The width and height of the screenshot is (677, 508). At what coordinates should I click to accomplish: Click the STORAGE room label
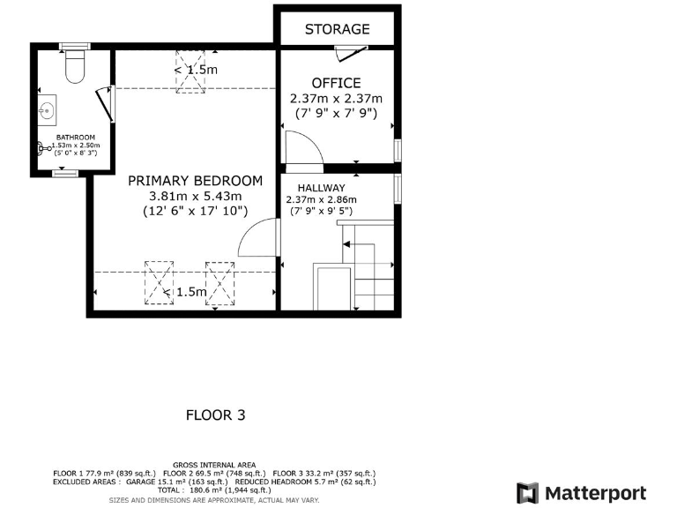[x=337, y=29]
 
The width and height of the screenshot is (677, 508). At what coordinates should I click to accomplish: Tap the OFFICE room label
[x=337, y=83]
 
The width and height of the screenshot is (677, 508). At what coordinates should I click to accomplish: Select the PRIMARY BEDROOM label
[x=195, y=180]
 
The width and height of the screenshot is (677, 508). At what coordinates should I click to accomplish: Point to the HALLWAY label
[x=321, y=188]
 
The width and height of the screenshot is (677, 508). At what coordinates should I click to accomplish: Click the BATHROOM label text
[x=75, y=138]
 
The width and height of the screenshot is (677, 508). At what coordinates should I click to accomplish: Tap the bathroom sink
[x=47, y=111]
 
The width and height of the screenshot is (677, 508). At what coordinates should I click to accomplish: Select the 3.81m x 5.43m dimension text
[x=195, y=196]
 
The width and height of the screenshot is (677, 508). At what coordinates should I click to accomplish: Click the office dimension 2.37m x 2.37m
[x=337, y=98]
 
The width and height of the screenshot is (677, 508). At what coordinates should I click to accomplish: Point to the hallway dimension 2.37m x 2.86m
[x=321, y=199]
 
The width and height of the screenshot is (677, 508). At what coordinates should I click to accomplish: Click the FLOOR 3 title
[x=215, y=414]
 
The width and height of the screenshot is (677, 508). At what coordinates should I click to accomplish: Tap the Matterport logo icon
[x=527, y=493]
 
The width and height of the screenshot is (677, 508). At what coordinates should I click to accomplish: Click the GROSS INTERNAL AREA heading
[x=215, y=464]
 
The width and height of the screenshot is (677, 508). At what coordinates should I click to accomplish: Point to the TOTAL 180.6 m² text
[x=215, y=490]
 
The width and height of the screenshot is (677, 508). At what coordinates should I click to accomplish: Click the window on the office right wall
[x=398, y=150]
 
